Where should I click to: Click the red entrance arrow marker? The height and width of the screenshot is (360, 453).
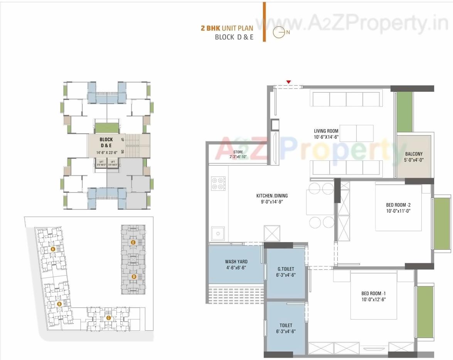(288, 82)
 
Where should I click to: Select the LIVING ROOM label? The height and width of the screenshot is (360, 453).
(326, 131)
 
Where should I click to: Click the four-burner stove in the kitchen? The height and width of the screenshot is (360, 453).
(219, 183)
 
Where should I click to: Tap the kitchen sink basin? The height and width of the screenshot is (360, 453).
(218, 233)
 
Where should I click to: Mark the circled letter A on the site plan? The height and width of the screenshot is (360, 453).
(53, 249)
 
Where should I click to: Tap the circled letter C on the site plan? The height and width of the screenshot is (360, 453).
(108, 318)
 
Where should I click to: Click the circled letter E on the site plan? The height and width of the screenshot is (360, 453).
(133, 242)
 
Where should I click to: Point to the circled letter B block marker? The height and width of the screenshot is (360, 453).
(59, 304)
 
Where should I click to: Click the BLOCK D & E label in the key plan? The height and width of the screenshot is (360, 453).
(106, 142)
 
